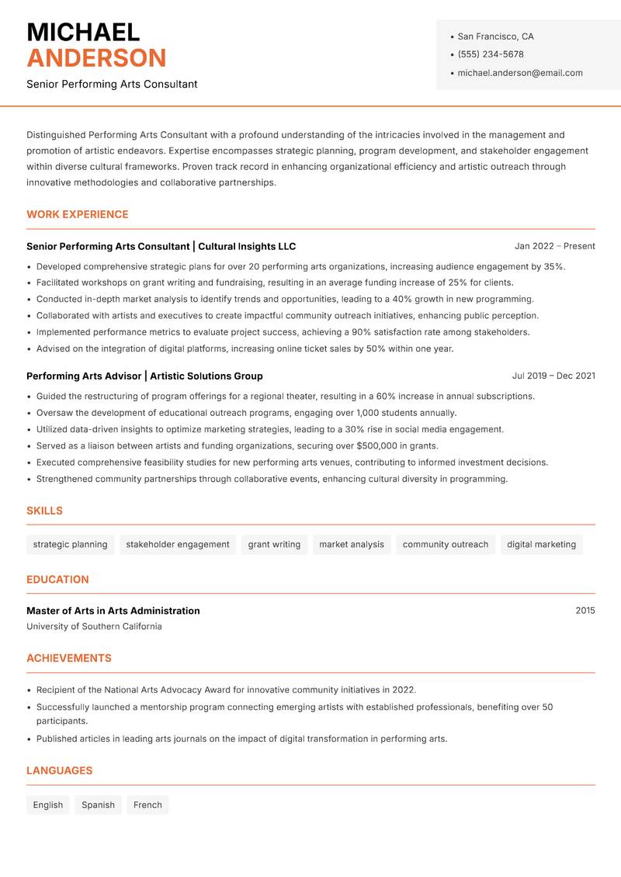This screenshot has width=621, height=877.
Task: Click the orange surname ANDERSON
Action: [96, 58]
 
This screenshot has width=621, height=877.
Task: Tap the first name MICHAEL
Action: [83, 33]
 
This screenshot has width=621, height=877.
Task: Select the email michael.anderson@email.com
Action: [519, 73]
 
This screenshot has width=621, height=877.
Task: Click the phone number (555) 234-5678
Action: [490, 54]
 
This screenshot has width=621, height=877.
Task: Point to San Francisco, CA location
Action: [495, 36]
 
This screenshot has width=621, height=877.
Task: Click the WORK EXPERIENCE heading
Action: [77, 214]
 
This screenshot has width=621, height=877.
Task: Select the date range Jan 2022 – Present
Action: [554, 246]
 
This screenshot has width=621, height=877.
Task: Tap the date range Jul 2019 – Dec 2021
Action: [553, 376]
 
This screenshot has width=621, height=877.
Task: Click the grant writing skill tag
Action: [274, 545]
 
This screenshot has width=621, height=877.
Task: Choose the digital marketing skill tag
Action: [541, 545]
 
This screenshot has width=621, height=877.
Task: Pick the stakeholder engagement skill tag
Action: [178, 545]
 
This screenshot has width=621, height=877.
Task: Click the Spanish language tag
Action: [98, 805]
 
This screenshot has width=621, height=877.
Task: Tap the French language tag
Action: [147, 805]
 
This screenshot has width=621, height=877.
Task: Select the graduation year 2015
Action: [585, 611]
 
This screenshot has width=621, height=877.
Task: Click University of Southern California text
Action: [94, 626]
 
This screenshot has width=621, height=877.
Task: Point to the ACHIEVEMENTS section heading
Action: [69, 658]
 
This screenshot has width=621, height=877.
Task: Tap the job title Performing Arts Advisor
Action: [83, 376]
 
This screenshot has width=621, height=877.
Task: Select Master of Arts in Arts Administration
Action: [113, 611]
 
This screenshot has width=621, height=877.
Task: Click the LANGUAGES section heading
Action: [59, 771]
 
